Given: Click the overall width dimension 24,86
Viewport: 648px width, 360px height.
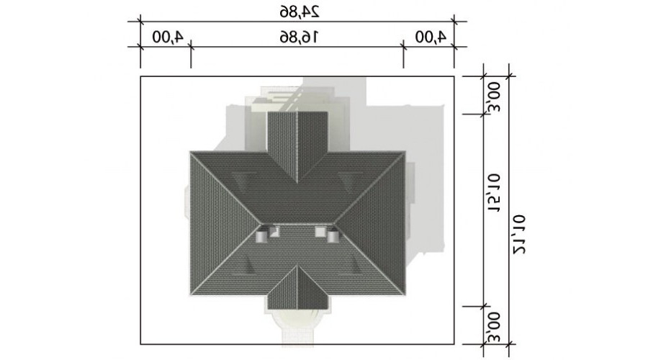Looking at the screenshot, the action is tap(300, 12).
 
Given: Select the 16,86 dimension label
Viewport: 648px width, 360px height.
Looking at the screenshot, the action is tap(300, 37).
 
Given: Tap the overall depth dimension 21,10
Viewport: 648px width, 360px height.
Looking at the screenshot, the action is tap(519, 233).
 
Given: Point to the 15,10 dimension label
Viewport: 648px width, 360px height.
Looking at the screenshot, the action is tap(494, 193).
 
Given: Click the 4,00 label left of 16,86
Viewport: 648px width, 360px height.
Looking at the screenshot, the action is tap(168, 37).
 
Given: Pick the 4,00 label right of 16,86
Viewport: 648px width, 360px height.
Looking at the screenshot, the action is tap(431, 37).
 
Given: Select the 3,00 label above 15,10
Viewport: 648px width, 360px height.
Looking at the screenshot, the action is tap(494, 97).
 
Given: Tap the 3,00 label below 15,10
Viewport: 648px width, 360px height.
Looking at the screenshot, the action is tap(494, 328).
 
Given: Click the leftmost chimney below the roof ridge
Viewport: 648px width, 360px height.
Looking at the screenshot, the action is tap(261, 236).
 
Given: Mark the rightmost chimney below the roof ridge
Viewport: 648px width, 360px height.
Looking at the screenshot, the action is tap(333, 236).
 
